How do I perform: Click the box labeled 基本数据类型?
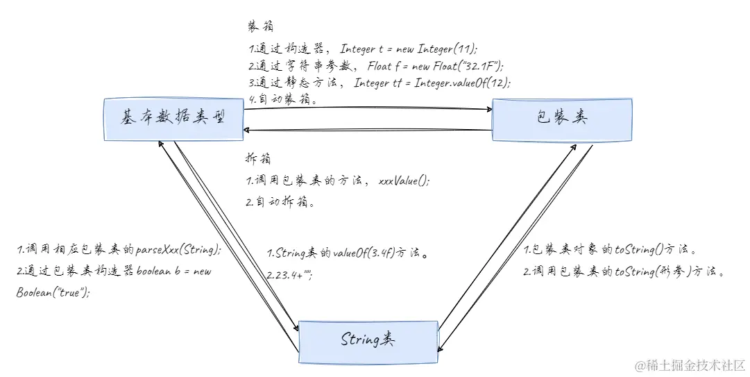173,119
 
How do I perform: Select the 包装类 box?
561,119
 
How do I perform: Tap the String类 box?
368,340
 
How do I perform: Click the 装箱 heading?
260,26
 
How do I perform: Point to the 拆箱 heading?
259,158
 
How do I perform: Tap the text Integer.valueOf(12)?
463,83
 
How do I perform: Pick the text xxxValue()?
404,181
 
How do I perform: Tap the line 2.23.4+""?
289,276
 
